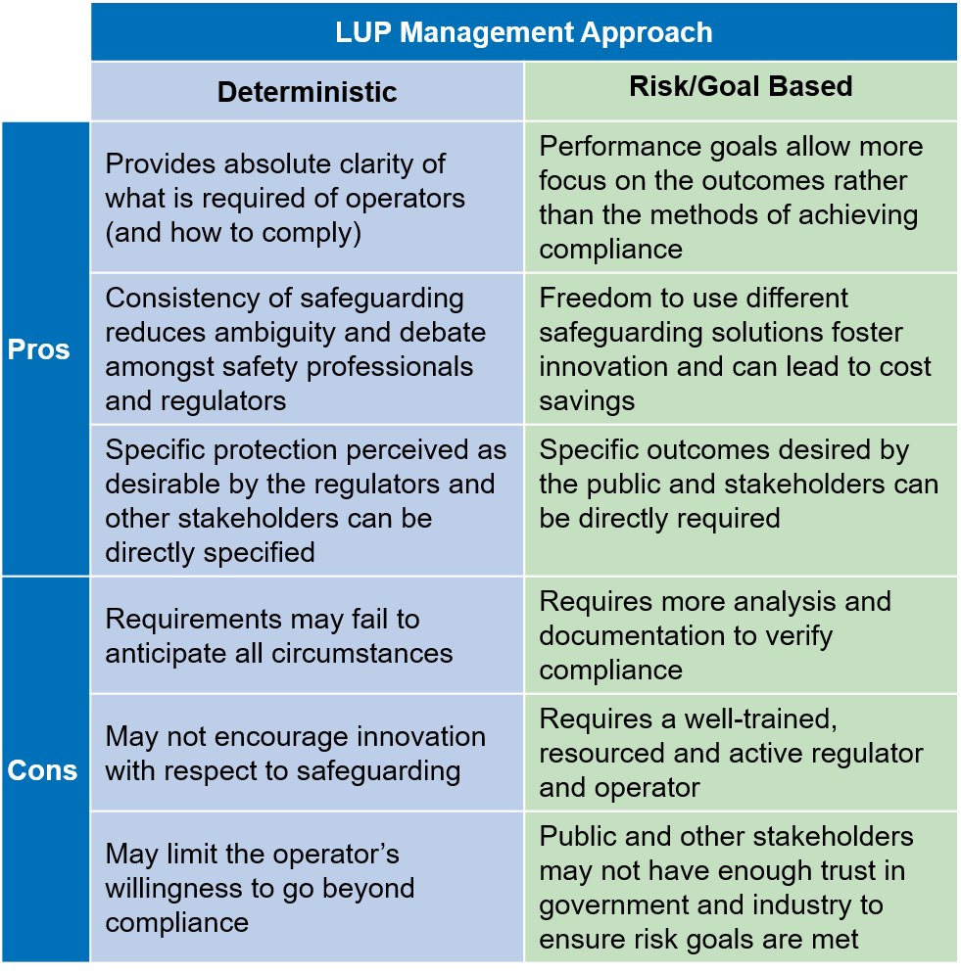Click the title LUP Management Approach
click(524, 33)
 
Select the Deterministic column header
click(307, 92)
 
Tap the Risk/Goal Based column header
click(741, 86)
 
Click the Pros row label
click(38, 349)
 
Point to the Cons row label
click(42, 770)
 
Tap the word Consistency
click(182, 299)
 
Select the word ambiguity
click(272, 333)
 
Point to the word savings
click(587, 401)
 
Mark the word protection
click(275, 450)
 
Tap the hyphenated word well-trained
click(761, 719)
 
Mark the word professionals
click(390, 367)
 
